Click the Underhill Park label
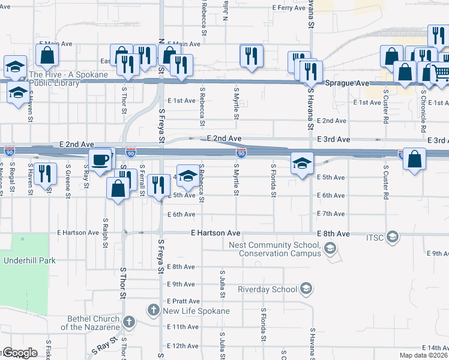coord(29,260)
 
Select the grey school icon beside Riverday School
coord(306,289)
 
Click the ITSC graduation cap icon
coord(393,238)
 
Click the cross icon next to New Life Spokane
coord(154,310)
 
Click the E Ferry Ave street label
coord(289,8)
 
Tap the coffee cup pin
coord(100,160)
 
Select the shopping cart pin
coord(441,73)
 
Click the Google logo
coord(19,353)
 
